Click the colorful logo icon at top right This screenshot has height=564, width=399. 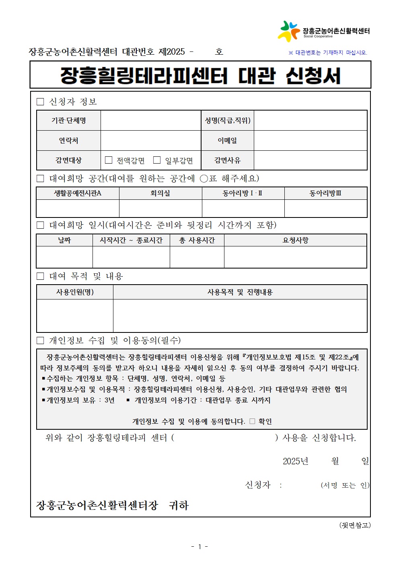click(x=289, y=31)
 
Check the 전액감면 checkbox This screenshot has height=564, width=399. click(x=109, y=160)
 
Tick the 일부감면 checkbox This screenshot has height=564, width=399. click(x=157, y=160)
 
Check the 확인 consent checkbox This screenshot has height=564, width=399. click(x=252, y=421)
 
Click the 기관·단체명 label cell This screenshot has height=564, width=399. click(x=68, y=120)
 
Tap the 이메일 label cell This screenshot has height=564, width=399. click(x=227, y=140)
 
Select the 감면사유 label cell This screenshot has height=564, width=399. click(x=227, y=160)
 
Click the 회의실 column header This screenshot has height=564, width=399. click(x=160, y=193)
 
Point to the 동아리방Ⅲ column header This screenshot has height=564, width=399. click(x=325, y=193)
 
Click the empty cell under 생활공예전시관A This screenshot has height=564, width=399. click(x=78, y=208)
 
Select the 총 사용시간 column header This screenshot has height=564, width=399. click(x=197, y=240)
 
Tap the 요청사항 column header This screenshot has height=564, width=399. click(x=295, y=240)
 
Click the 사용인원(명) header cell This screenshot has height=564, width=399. click(x=75, y=292)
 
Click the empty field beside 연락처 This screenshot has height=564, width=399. click(x=150, y=140)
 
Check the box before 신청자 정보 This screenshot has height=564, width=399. click(x=40, y=102)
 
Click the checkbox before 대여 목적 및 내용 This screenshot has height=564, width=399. click(x=40, y=276)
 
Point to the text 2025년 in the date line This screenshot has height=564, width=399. click(x=295, y=461)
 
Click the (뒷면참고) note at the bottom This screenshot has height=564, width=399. click(x=355, y=525)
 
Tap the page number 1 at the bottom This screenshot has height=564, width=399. click(x=199, y=546)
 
